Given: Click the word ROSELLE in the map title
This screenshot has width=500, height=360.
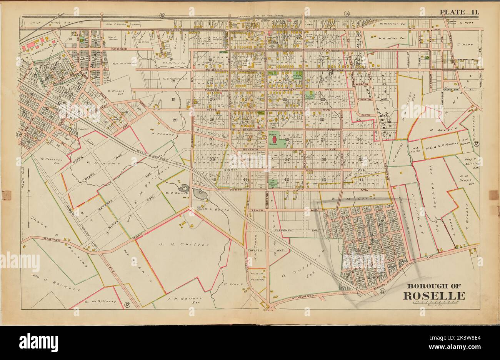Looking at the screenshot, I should pyautogui.click(x=433, y=296).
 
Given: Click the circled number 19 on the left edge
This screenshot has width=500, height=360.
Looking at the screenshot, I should pyautogui.click(x=18, y=134).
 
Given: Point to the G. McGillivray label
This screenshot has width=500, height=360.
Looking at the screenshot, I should pyautogui.click(x=100, y=302).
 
